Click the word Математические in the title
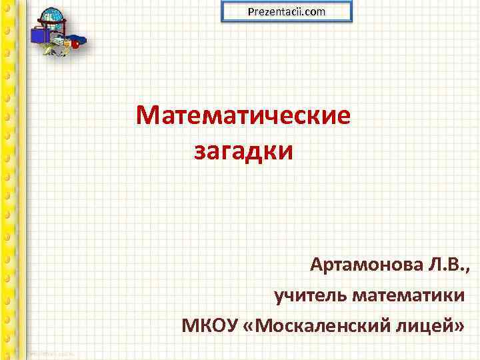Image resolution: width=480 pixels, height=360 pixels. coord(243,117)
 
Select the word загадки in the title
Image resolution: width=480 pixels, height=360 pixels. coord(243,151)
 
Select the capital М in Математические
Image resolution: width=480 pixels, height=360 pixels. coord(147,117)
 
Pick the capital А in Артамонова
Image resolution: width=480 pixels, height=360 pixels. coord(317,267)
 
